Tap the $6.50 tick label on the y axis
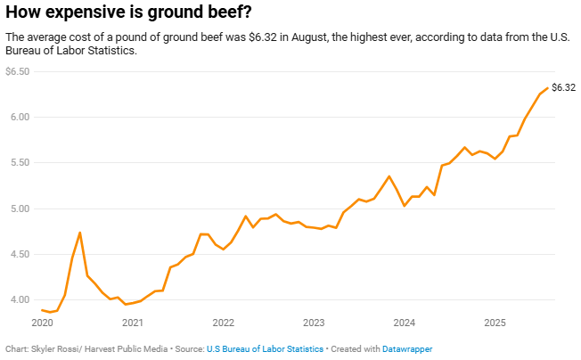coord(18,71)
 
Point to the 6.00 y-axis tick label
coord(20,117)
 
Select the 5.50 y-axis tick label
coord(20,163)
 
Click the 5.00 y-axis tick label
coord(20,209)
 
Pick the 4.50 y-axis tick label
coord(20,254)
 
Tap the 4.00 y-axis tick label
coord(20,299)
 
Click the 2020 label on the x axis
coord(42,322)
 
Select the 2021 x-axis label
coord(132,322)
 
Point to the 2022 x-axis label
coord(223,322)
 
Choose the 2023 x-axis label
coord(314,322)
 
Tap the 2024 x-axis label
coord(405,322)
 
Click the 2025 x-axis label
coord(495,322)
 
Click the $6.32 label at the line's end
coord(563,87)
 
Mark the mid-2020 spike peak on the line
coord(80,233)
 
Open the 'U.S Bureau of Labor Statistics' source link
coord(265,349)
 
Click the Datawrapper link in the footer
coord(407,349)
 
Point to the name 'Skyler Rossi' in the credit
coord(52,349)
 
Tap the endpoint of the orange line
coord(546,88)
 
